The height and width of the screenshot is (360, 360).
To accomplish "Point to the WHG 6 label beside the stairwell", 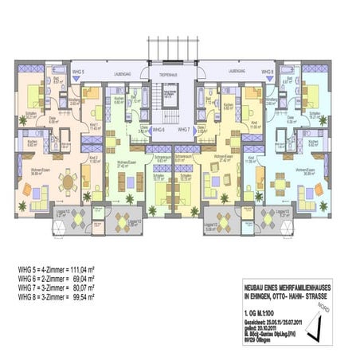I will tap(158, 127).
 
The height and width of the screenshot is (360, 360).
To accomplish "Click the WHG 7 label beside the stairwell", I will tap(184, 127).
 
